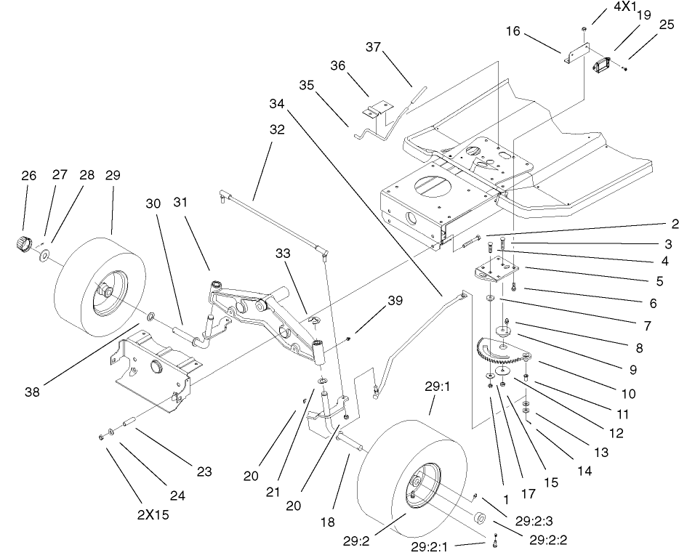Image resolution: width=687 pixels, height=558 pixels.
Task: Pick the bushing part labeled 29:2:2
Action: click(480, 520)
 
